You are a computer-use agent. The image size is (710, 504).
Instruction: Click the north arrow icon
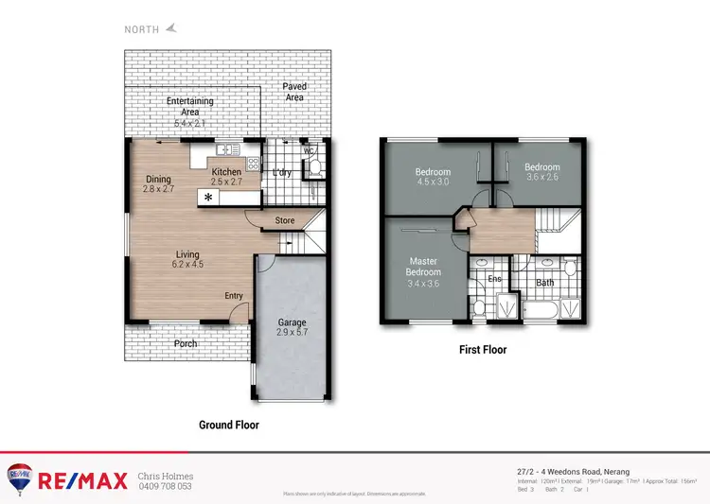tap(171, 28)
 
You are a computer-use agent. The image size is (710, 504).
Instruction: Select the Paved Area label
tap(294, 92)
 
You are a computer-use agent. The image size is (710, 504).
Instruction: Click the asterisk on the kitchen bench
tap(208, 197)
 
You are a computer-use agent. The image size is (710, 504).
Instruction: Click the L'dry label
tap(281, 173)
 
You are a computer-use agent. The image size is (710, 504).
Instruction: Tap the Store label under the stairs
tap(285, 221)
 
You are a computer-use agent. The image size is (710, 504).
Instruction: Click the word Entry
tap(234, 296)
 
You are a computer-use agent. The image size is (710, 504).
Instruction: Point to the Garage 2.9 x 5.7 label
tap(292, 327)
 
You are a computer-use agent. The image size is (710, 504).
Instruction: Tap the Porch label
tap(186, 343)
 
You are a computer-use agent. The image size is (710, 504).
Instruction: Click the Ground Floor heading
tap(228, 425)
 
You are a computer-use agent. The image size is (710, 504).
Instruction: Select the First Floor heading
tap(483, 350)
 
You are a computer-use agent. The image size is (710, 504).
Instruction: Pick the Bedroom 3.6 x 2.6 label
tap(542, 172)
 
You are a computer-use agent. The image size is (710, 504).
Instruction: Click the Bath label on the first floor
tap(544, 283)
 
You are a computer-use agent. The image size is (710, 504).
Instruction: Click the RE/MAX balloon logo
tap(18, 478)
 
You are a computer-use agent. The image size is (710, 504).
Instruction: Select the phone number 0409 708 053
tap(165, 486)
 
